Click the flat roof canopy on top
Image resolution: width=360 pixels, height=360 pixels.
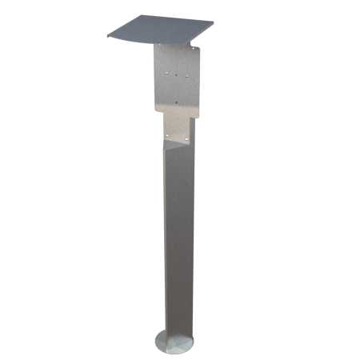pyautogui.click(x=160, y=32)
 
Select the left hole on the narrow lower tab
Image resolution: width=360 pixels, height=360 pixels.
pyautogui.click(x=170, y=135)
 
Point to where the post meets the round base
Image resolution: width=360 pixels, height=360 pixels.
pyautogui.click(x=178, y=335)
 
